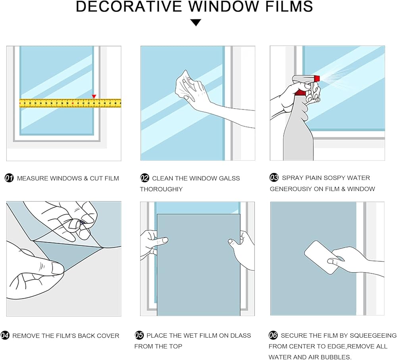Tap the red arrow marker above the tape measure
[x=94, y=97]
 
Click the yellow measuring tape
[x=70, y=103]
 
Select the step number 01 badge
[x=9, y=178]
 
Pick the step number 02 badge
[x=145, y=178]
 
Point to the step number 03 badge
[x=274, y=178]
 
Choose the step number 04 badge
[x=5, y=335]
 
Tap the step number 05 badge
[x=139, y=335]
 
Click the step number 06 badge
[x=273, y=335]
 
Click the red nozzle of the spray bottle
[x=316, y=78]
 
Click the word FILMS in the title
[x=289, y=7]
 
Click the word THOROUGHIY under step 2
[x=161, y=189]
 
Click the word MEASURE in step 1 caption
[x=32, y=178]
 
